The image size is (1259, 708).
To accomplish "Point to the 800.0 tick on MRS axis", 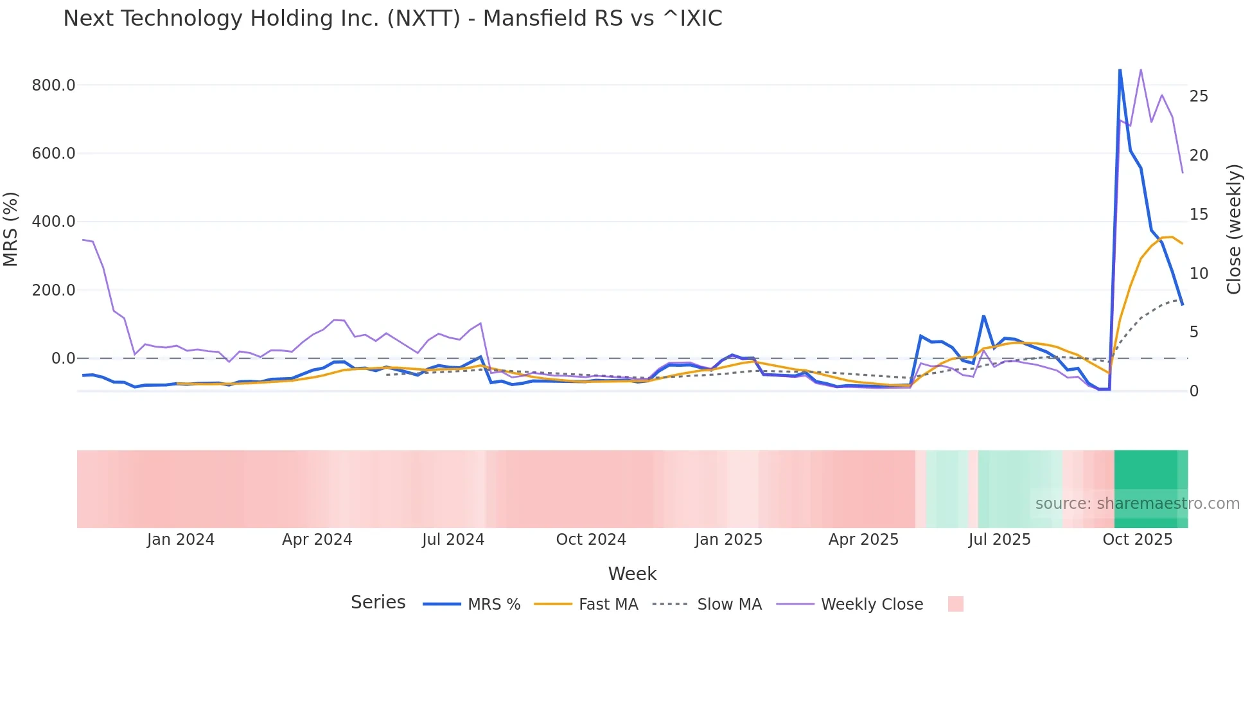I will pyautogui.click(x=53, y=85).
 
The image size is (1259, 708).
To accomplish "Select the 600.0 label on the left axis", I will pyautogui.click(x=53, y=154).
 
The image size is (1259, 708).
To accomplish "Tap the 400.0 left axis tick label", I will pyautogui.click(x=53, y=222).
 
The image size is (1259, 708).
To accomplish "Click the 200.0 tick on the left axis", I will pyautogui.click(x=53, y=290).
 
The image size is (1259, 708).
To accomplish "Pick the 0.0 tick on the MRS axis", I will pyautogui.click(x=63, y=358).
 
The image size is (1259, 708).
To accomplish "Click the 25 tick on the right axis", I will pyautogui.click(x=1199, y=96).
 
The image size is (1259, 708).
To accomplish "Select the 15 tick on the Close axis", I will pyautogui.click(x=1199, y=215).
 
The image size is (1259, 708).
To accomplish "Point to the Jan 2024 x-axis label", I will pyautogui.click(x=180, y=540).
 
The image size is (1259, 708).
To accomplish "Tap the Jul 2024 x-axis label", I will pyautogui.click(x=453, y=540).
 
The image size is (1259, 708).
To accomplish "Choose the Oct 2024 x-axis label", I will pyautogui.click(x=591, y=540).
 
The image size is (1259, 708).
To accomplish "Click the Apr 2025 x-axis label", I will pyautogui.click(x=863, y=540).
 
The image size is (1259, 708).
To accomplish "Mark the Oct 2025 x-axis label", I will pyautogui.click(x=1138, y=540).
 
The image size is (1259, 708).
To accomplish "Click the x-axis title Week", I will pyautogui.click(x=632, y=574).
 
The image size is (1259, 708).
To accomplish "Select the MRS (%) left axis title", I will pyautogui.click(x=11, y=229).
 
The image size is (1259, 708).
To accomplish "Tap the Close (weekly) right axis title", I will pyautogui.click(x=1234, y=229).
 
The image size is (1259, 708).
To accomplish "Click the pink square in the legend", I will pyautogui.click(x=955, y=604).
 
